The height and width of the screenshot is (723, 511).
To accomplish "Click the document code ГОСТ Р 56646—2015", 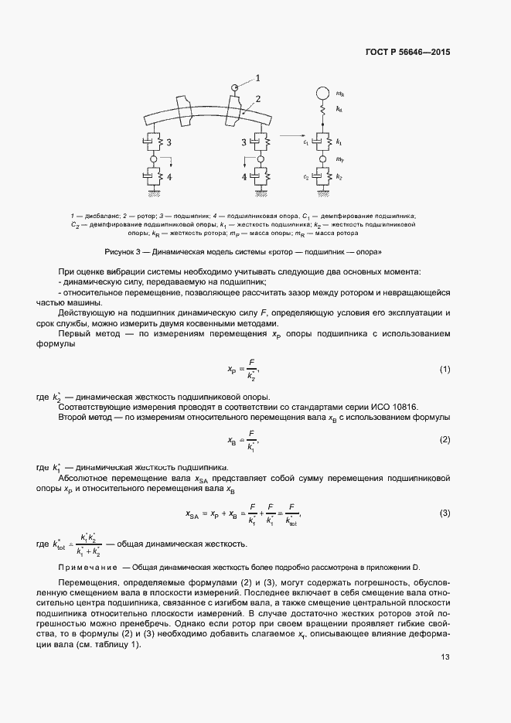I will click(407, 53).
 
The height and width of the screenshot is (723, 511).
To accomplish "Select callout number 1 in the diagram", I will click(257, 77).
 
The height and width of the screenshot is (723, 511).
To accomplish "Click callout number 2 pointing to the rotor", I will click(258, 99).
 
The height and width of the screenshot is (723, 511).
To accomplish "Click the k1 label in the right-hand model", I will click(339, 143).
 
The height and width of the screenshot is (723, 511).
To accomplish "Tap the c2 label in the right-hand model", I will click(305, 177).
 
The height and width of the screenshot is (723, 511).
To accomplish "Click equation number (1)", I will click(445, 370).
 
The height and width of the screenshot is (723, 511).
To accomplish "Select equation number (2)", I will click(445, 439).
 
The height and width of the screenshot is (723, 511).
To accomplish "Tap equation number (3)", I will click(445, 513).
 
